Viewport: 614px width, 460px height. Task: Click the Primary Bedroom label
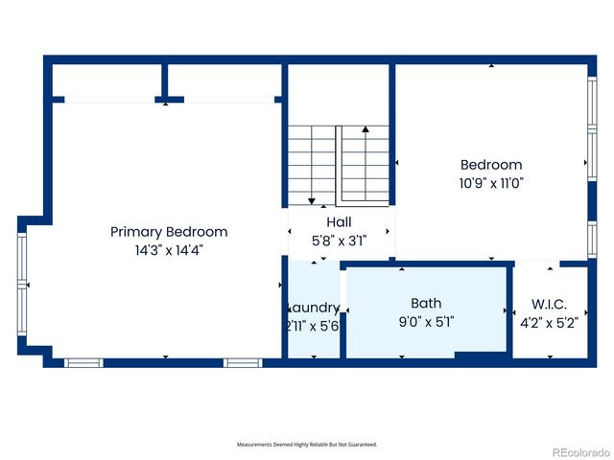tap(169, 232)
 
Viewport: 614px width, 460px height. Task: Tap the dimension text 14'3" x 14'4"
tap(169, 249)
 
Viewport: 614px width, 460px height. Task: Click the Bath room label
tap(426, 304)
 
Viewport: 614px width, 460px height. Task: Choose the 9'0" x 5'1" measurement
tap(426, 322)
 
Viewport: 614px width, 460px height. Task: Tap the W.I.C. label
tap(550, 304)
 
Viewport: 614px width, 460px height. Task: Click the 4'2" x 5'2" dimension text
tap(550, 322)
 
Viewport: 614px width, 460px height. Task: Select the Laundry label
tap(314, 308)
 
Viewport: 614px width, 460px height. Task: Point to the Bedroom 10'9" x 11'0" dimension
tap(491, 181)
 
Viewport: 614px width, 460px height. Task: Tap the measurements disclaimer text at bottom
tap(307, 445)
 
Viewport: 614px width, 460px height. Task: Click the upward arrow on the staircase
tap(365, 128)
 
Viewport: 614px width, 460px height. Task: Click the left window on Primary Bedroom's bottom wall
tap(83, 362)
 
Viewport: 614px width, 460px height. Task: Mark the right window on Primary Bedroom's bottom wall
tap(243, 362)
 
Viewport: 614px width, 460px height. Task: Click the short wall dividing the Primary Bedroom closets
tap(167, 80)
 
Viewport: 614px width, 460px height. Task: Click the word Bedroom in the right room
tap(491, 165)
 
